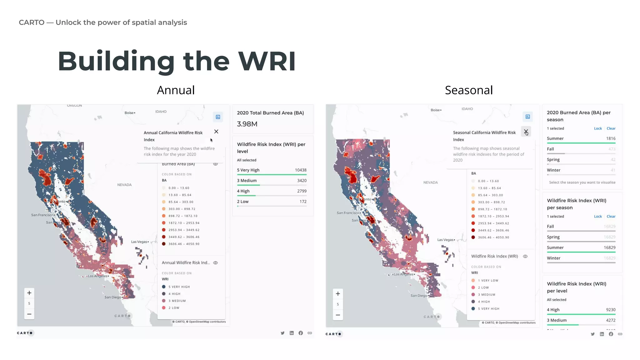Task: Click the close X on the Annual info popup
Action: pos(216,132)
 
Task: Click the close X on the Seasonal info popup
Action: pos(526,132)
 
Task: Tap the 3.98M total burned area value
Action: pos(247,124)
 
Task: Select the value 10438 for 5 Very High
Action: pos(301,170)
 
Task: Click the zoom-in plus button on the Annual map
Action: pos(29,293)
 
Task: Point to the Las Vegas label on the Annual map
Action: pos(139,242)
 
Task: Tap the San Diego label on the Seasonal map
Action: pos(419,296)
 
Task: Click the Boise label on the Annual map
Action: pos(129,113)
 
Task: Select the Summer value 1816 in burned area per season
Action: pos(611,138)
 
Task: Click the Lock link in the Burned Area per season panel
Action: pos(598,128)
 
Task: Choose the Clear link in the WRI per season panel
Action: pos(611,216)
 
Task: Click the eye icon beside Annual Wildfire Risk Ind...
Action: pos(215,263)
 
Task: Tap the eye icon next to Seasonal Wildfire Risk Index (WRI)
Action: pos(525,256)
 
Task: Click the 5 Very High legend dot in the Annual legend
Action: pos(164,287)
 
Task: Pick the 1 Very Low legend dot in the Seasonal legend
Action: pos(473,281)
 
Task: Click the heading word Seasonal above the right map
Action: pos(469,90)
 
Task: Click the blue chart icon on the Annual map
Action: pos(218,117)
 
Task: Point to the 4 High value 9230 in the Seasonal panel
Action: pos(611,310)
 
